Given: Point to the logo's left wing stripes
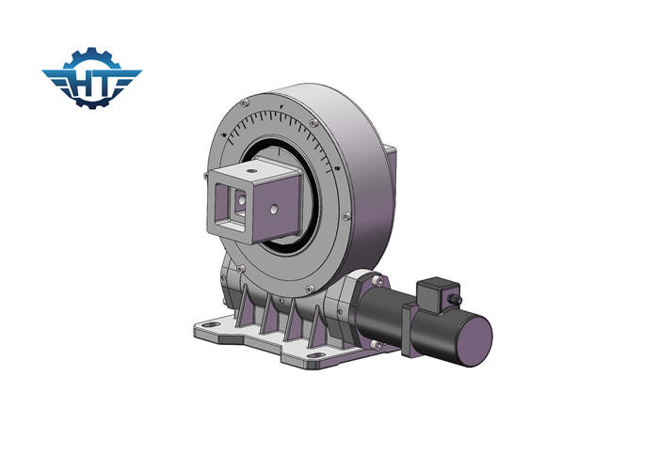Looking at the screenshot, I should coord(55,81).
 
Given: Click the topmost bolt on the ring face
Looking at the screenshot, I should coord(279,98).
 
